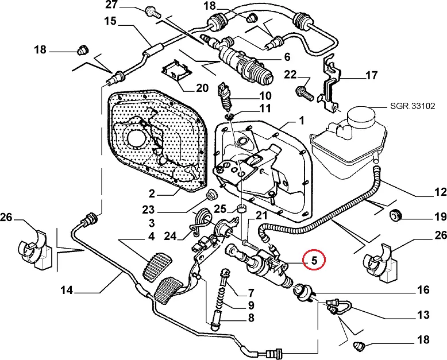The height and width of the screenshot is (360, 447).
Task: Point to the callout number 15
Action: tap(110, 22)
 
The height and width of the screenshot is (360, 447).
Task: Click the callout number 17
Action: tap(372, 75)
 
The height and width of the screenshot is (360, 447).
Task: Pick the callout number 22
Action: tap(290, 74)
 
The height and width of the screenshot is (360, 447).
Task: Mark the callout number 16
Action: tap(423, 291)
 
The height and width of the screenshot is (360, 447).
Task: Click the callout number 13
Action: tap(423, 315)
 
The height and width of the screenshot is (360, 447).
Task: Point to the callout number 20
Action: tap(202, 88)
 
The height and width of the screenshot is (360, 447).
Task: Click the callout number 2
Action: tap(152, 193)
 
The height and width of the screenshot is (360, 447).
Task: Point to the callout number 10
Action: tap(265, 95)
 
